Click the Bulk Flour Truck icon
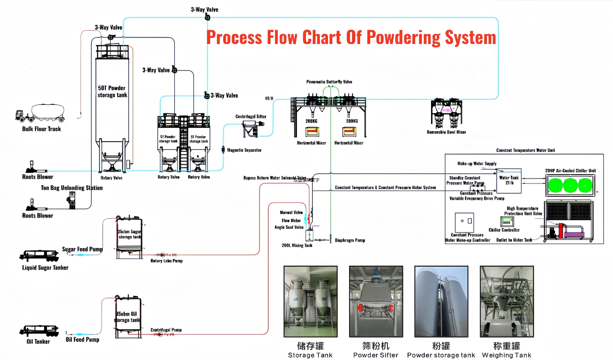(40, 113)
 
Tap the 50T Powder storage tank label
(112, 92)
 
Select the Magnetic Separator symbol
(223, 149)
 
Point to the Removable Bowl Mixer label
(446, 132)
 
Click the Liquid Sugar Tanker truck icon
(39, 255)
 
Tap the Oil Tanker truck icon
(39, 331)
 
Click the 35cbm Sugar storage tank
(129, 235)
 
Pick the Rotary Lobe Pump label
(166, 261)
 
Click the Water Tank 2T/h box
(509, 181)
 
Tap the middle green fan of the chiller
(570, 185)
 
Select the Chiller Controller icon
(507, 221)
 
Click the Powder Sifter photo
(376, 301)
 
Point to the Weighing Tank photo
(506, 301)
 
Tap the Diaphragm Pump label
(350, 240)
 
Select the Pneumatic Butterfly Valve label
(329, 82)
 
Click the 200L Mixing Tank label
(297, 245)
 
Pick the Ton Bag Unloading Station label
(72, 188)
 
